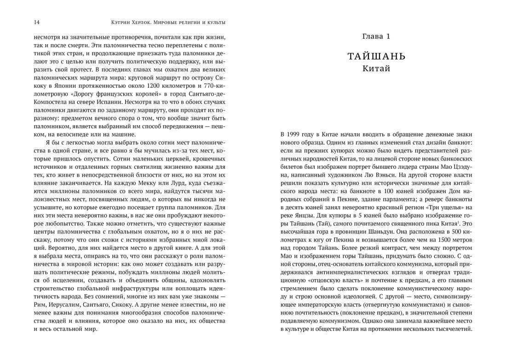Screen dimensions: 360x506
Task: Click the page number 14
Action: [36, 22]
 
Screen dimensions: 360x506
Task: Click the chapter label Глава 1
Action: [376, 36]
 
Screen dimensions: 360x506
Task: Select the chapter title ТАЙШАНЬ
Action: [376, 57]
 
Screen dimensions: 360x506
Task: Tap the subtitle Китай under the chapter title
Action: [376, 69]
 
